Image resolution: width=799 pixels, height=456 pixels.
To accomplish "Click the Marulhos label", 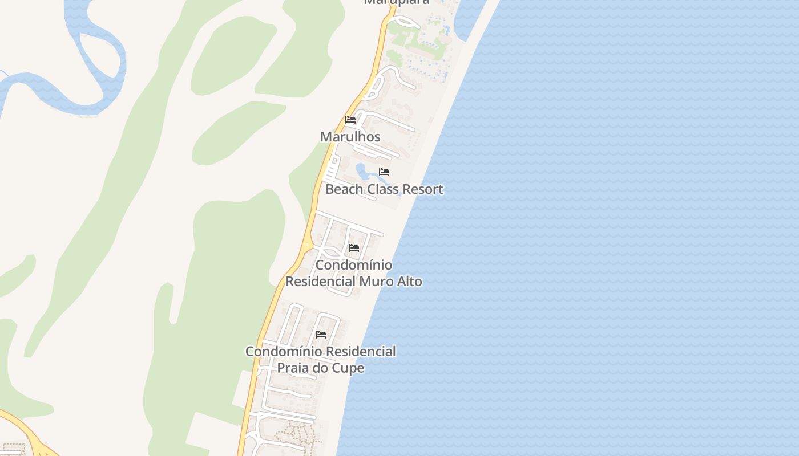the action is coord(350,137).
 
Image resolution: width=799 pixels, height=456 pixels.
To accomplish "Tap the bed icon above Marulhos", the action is coord(350,120).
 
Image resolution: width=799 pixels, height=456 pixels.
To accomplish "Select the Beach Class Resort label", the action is coord(384,189).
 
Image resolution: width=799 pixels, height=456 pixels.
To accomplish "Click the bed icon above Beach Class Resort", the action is coord(384,172).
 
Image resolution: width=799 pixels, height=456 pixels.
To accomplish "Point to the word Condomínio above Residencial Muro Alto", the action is coord(354,265).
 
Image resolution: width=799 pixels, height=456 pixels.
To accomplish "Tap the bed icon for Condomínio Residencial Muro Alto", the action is coord(354,248).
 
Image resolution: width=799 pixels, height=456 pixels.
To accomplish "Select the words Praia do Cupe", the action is coord(320,368).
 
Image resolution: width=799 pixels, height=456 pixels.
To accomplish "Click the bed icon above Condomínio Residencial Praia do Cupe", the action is coord(321,335).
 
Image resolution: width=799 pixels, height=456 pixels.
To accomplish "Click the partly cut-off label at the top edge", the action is coord(397,2).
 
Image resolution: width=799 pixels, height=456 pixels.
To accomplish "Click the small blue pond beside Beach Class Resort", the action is coord(361,169).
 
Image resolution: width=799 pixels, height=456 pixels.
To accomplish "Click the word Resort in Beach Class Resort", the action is coord(421,189).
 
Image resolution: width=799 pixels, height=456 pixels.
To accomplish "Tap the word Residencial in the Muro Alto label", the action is coord(321,282).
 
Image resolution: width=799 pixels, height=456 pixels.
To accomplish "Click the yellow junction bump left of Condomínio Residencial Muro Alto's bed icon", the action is coord(308,246).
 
